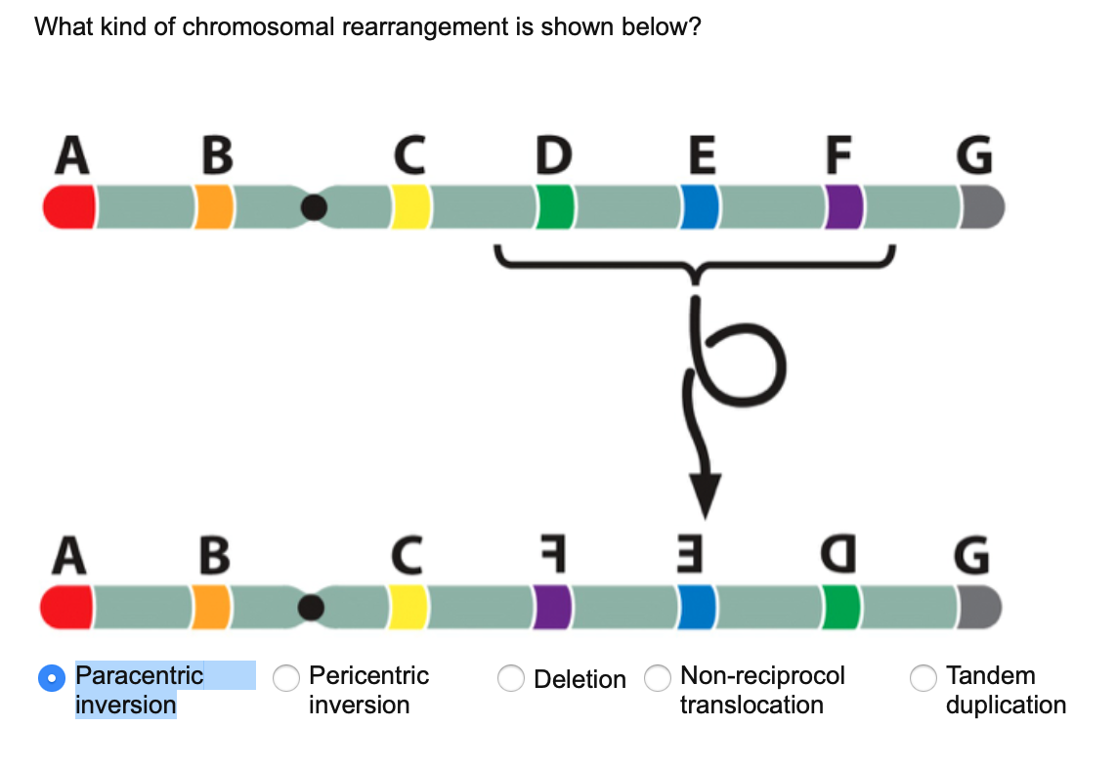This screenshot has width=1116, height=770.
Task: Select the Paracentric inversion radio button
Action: click(x=49, y=677)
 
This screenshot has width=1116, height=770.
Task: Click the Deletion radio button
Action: click(x=511, y=678)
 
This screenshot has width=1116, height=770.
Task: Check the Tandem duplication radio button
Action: click(x=923, y=677)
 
